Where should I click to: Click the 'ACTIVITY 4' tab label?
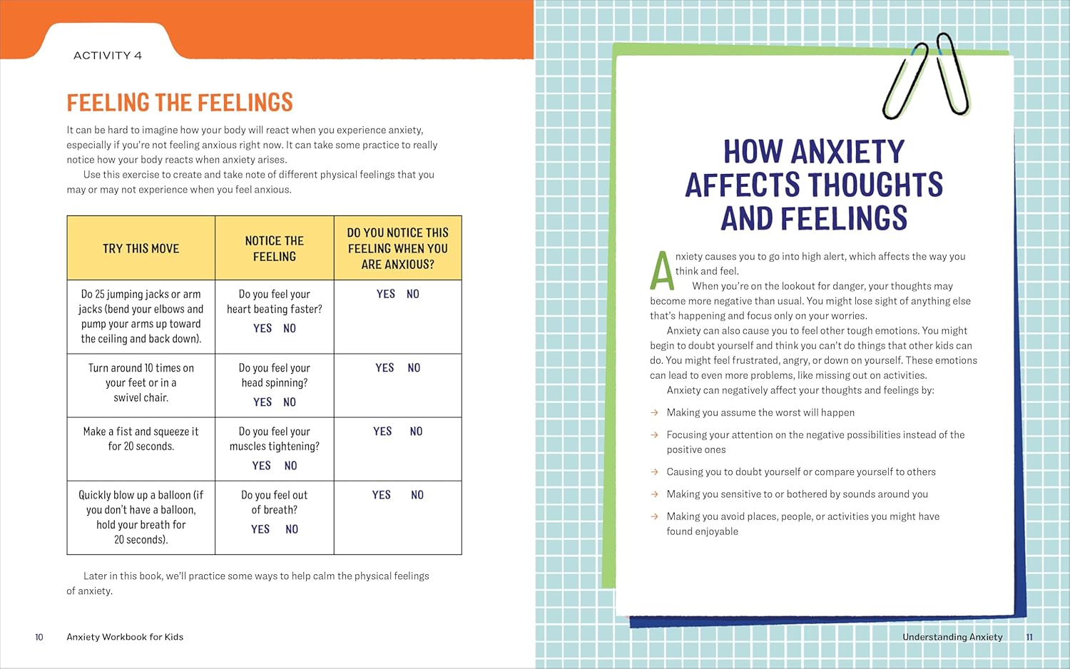pyautogui.click(x=108, y=56)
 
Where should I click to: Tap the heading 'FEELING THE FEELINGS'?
pyautogui.click(x=180, y=103)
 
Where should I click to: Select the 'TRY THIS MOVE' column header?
pyautogui.click(x=141, y=248)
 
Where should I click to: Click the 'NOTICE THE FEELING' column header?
pyautogui.click(x=275, y=248)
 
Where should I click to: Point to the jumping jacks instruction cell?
pyautogui.click(x=141, y=316)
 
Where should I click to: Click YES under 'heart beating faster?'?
pyautogui.click(x=263, y=329)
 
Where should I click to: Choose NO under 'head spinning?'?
pyautogui.click(x=290, y=402)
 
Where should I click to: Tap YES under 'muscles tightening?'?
pyautogui.click(x=261, y=466)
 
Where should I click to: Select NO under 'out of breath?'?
pyautogui.click(x=292, y=529)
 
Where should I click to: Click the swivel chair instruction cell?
pyautogui.click(x=141, y=383)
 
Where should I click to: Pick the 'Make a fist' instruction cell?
pyautogui.click(x=141, y=439)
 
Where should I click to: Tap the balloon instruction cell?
pyautogui.click(x=141, y=517)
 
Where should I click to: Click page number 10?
pyautogui.click(x=39, y=637)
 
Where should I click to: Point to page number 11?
pyautogui.click(x=1029, y=637)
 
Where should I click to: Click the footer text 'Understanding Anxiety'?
pyautogui.click(x=952, y=637)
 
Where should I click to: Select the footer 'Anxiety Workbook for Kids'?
pyautogui.click(x=125, y=637)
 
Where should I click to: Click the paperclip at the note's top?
pyautogui.click(x=927, y=76)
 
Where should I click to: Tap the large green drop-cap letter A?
pyautogui.click(x=661, y=270)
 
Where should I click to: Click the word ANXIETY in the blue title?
pyautogui.click(x=847, y=152)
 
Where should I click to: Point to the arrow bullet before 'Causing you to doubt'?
pyautogui.click(x=654, y=472)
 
